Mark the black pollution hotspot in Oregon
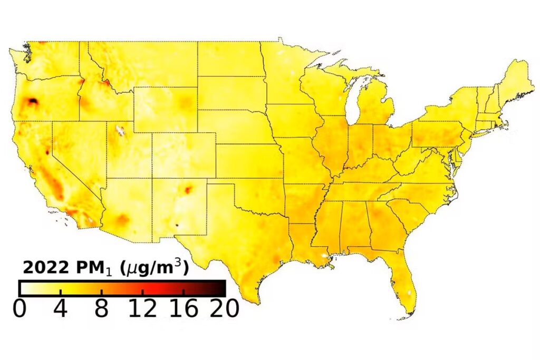coord(33,101)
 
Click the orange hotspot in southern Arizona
coord(122,219)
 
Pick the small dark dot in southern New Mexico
coord(177,225)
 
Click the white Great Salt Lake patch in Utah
coord(120,130)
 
